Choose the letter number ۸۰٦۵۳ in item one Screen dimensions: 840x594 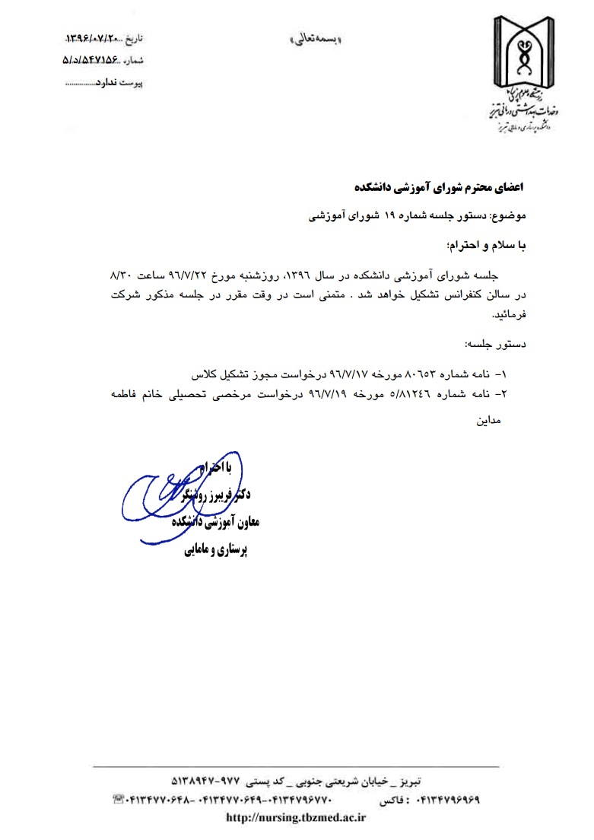pos(422,374)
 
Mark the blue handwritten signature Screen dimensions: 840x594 pos(164,495)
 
